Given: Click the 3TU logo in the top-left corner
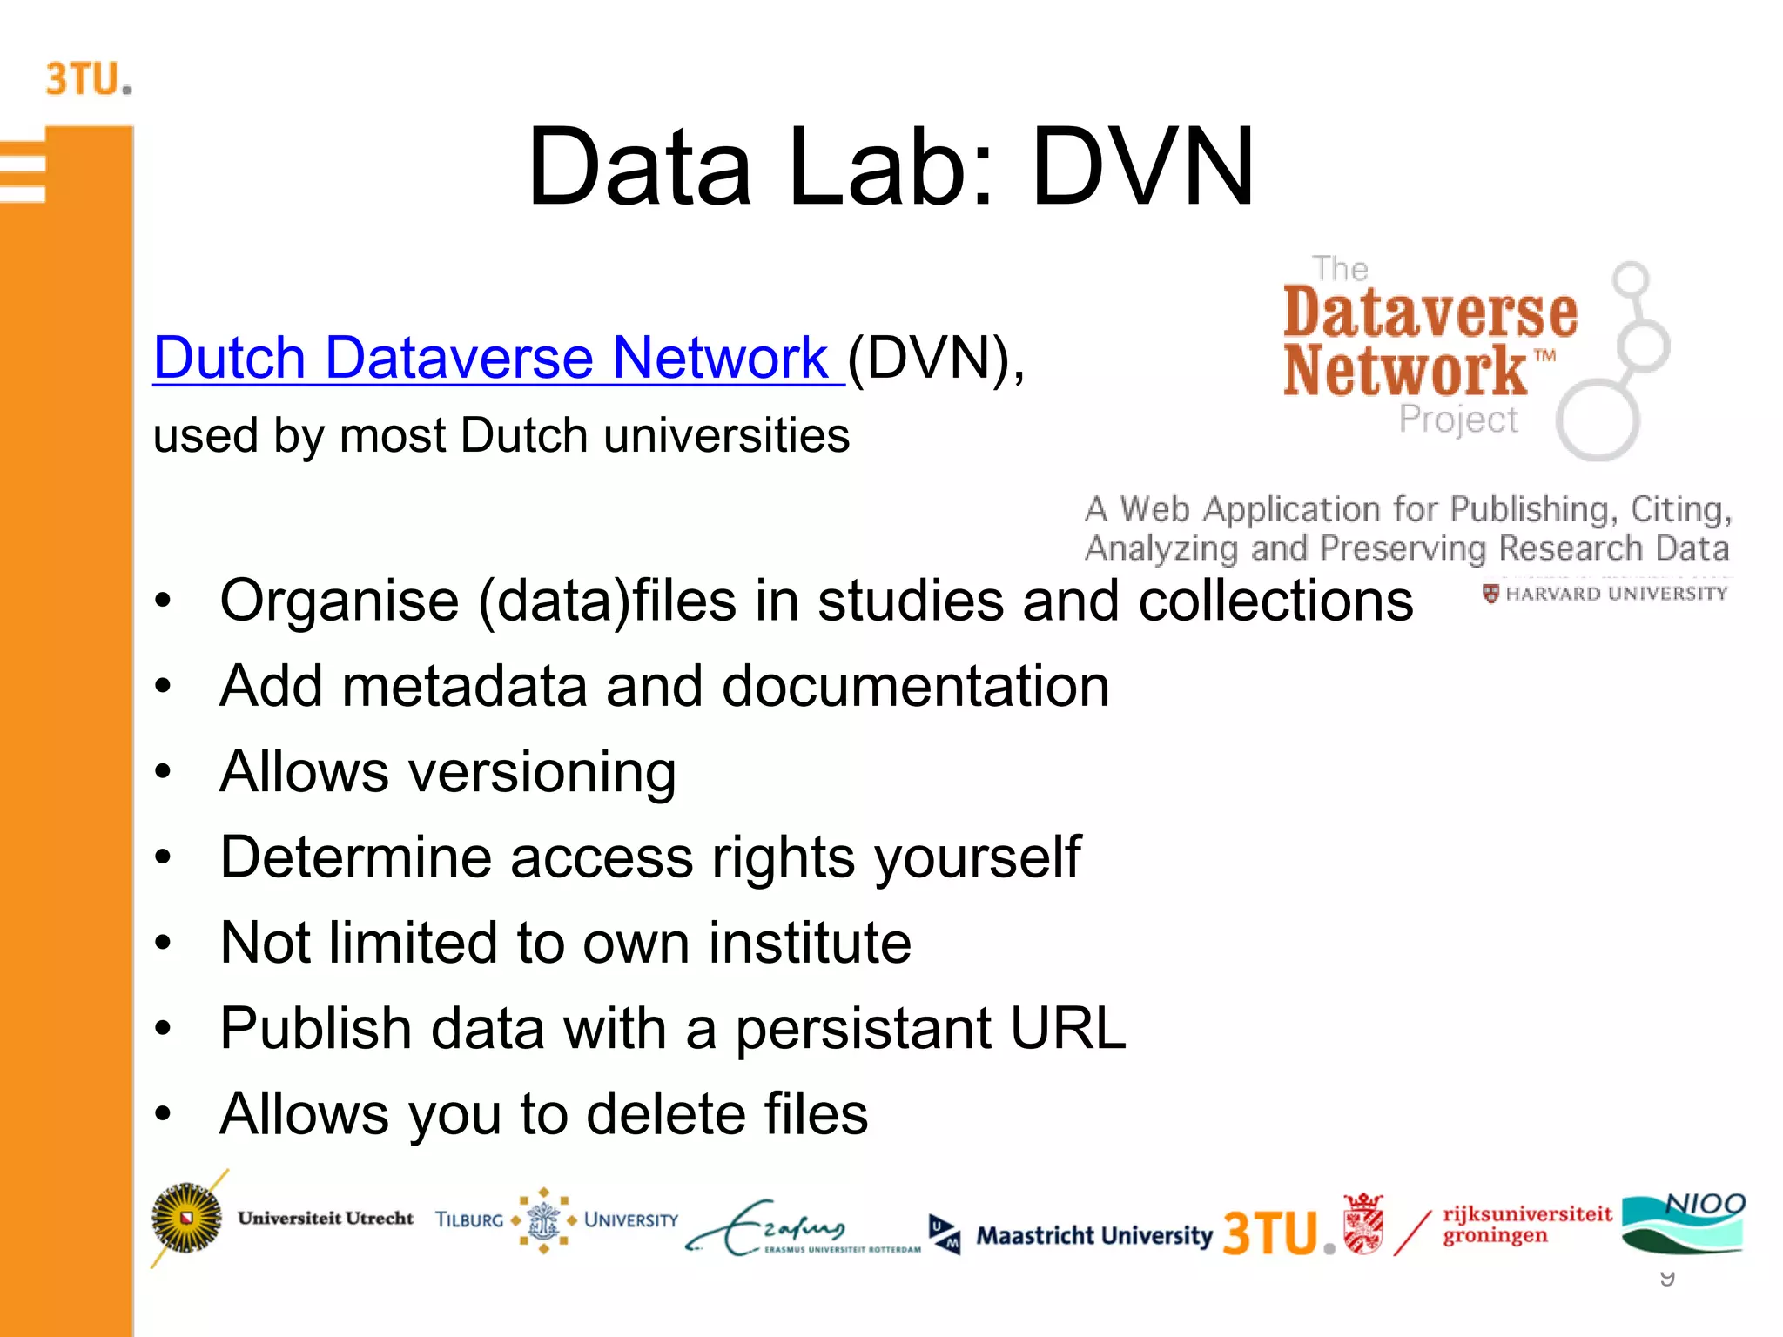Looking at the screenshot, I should pos(88,79).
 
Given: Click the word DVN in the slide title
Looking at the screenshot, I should pos(1142,167).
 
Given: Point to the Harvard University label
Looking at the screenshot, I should pos(1606,594).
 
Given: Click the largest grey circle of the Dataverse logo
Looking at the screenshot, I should pos(1598,421).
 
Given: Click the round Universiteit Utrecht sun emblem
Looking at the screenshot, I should pos(186,1218).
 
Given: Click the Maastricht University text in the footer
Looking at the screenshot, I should pos(1093,1235).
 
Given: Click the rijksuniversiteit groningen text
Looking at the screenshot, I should pos(1526,1224).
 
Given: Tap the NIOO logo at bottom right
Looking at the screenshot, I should pos(1684,1222).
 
